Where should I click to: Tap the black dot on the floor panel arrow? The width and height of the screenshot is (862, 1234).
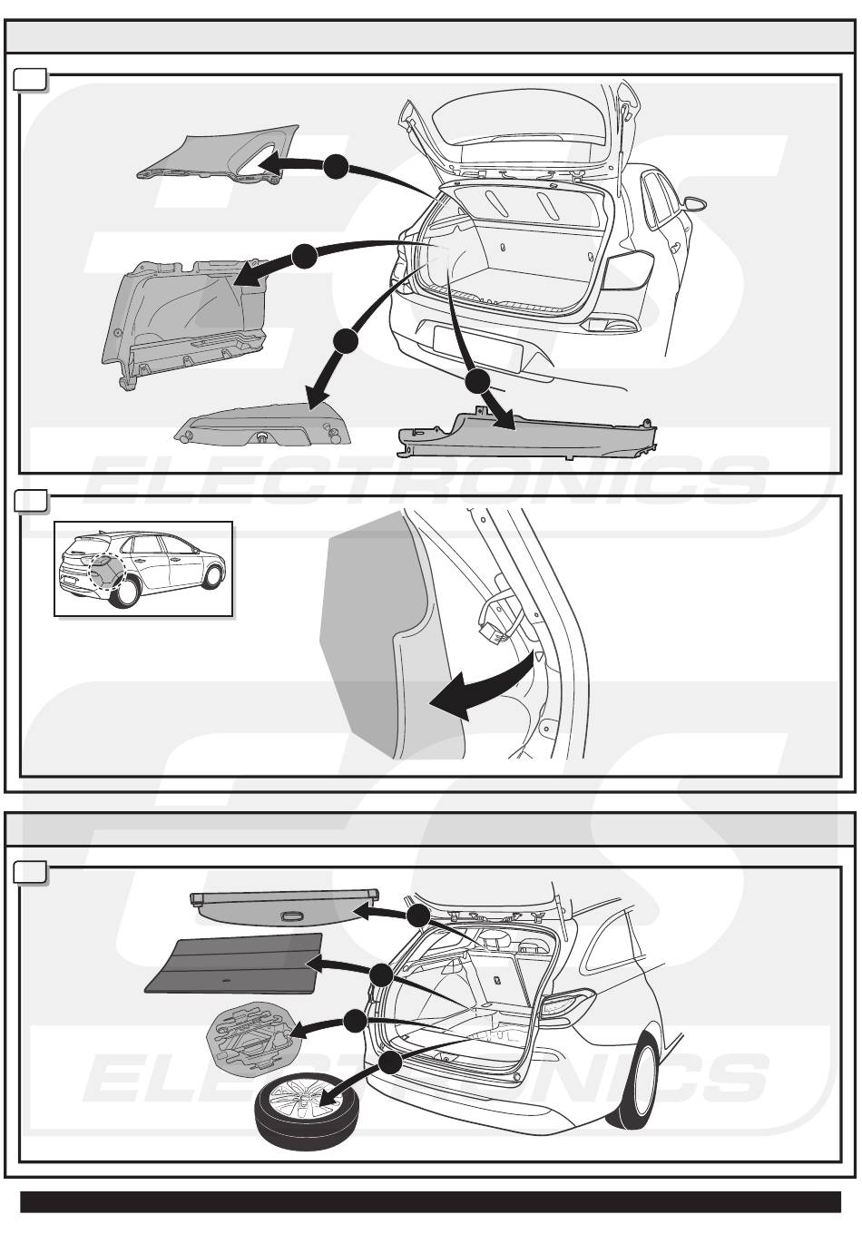[380, 976]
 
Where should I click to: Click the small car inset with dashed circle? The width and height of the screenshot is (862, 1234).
[143, 569]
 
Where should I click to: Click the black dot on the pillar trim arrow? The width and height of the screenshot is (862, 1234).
[336, 166]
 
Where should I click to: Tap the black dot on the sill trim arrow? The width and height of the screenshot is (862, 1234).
[477, 381]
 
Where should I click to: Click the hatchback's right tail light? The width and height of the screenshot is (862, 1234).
[629, 271]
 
